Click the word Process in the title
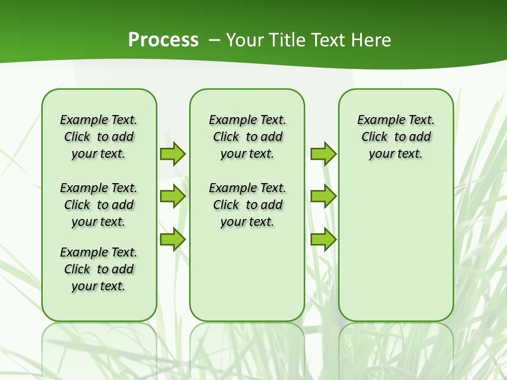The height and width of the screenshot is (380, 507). [163, 40]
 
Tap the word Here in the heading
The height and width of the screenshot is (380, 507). [371, 40]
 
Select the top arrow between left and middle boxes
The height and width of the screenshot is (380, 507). [173, 154]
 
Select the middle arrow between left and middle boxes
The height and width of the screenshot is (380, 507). [173, 197]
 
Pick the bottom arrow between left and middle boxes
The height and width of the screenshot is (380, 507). [173, 239]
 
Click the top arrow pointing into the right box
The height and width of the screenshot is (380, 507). [323, 154]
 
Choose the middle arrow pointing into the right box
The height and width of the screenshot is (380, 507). [323, 197]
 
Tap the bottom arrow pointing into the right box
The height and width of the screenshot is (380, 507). [323, 239]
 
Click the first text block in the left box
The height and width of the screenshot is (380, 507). [99, 137]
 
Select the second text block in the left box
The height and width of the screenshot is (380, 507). [99, 205]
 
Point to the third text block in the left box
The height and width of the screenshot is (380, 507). [99, 269]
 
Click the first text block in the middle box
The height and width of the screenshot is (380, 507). [247, 137]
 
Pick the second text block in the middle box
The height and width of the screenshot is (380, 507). [247, 205]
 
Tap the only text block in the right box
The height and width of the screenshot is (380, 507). [396, 137]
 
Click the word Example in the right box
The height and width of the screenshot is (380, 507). [377, 120]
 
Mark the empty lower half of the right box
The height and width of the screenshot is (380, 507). [396, 253]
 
